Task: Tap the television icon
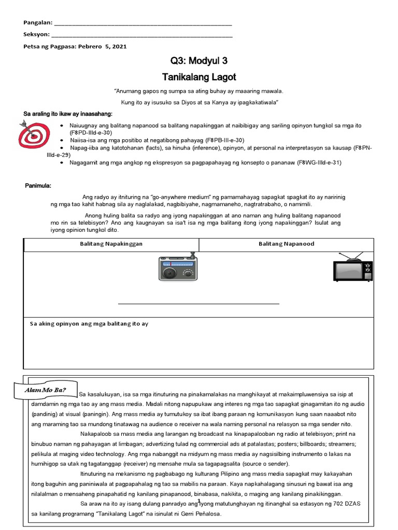[x=352, y=267]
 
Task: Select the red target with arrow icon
[x=33, y=134]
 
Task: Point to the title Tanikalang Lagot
[x=199, y=77]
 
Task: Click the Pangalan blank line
[x=143, y=24]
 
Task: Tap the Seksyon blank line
[x=142, y=35]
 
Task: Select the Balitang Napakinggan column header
[x=111, y=244]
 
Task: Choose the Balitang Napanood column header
[x=286, y=244]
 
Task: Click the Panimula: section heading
[x=38, y=186]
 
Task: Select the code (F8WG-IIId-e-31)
[x=319, y=163]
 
